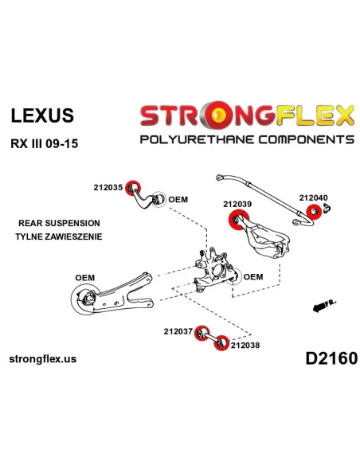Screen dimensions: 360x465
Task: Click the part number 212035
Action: pos(108,187)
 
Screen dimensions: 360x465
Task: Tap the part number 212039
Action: pos(237,204)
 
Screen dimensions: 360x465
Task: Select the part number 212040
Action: pos(314,197)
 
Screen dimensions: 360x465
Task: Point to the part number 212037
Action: pos(178,331)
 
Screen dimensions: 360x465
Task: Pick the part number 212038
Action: pos(245,346)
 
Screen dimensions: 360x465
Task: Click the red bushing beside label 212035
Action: pos(133,188)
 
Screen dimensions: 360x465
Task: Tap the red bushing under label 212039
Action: pos(239,220)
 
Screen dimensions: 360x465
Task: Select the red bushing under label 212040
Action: pos(314,212)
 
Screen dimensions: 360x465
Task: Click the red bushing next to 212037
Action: pos(202,333)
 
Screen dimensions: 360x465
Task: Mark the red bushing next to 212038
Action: pos(221,343)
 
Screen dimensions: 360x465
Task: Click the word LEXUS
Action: pos(42,115)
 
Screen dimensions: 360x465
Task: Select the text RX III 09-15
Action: pos(45,144)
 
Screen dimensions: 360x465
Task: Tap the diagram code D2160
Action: pos(331,358)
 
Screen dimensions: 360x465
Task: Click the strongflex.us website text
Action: pos(43,359)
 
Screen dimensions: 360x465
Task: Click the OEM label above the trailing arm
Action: pos(85,278)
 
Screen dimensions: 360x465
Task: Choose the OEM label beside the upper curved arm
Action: pos(178,199)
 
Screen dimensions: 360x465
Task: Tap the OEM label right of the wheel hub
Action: pos(253,277)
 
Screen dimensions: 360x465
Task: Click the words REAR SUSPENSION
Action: pos(59,223)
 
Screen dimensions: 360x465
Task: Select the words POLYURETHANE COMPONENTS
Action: pos(247,139)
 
